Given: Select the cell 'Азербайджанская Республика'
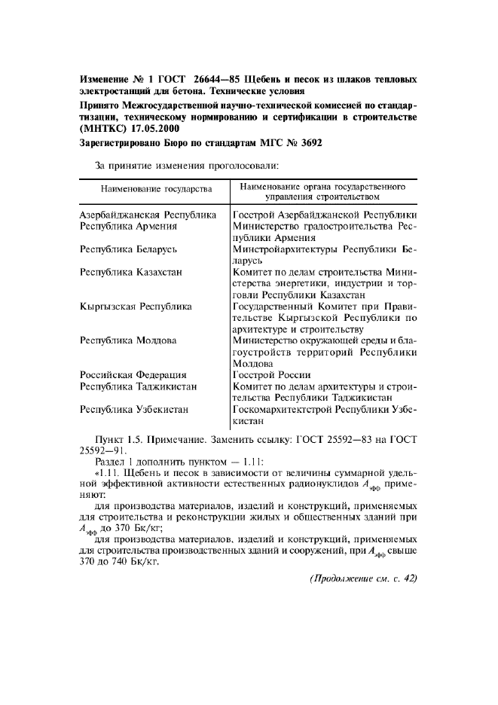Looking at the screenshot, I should (148, 215).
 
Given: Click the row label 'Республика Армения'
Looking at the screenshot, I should (128, 226).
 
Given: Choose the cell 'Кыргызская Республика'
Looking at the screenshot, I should (136, 307).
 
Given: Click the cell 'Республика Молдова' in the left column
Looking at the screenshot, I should (128, 340).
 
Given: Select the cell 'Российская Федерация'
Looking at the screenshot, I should (133, 374).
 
